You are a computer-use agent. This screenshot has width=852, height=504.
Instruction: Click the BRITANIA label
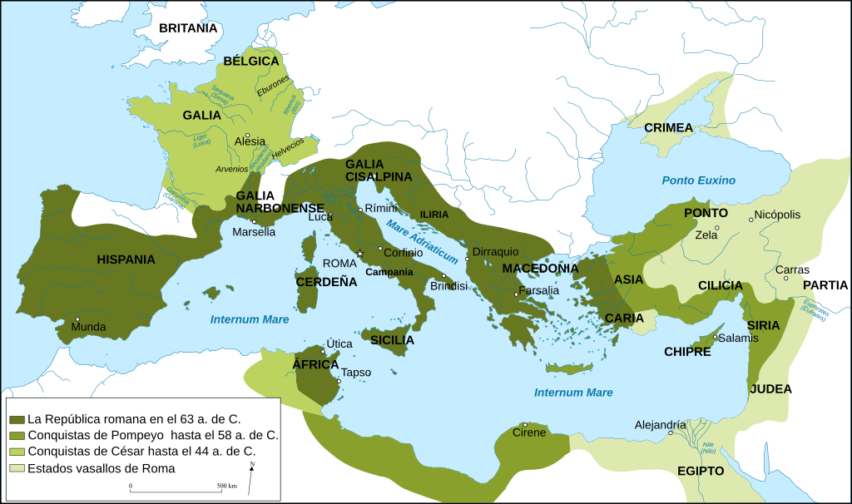point(188,28)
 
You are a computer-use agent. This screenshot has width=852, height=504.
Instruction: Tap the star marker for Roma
point(360,254)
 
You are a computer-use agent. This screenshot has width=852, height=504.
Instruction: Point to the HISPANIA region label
point(126,259)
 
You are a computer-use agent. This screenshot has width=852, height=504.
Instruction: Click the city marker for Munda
point(77,319)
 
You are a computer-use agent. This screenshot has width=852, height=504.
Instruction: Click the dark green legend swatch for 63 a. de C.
point(16,418)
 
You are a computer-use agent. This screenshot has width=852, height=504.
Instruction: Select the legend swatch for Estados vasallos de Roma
point(16,468)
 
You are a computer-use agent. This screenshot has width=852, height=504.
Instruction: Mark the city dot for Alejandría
point(671,433)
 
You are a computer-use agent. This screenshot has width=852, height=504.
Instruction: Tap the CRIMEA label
point(667,127)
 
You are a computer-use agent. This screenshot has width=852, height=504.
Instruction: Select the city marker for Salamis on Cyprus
point(716,337)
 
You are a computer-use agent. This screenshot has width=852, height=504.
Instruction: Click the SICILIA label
point(392,339)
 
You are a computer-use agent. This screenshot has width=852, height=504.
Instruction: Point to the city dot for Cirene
point(525,425)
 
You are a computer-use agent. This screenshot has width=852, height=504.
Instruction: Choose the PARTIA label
point(825,285)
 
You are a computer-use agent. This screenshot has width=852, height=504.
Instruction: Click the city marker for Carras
point(786,278)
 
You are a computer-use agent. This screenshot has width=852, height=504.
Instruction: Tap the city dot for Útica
point(323,352)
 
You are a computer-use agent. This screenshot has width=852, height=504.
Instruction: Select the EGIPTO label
point(700,471)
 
